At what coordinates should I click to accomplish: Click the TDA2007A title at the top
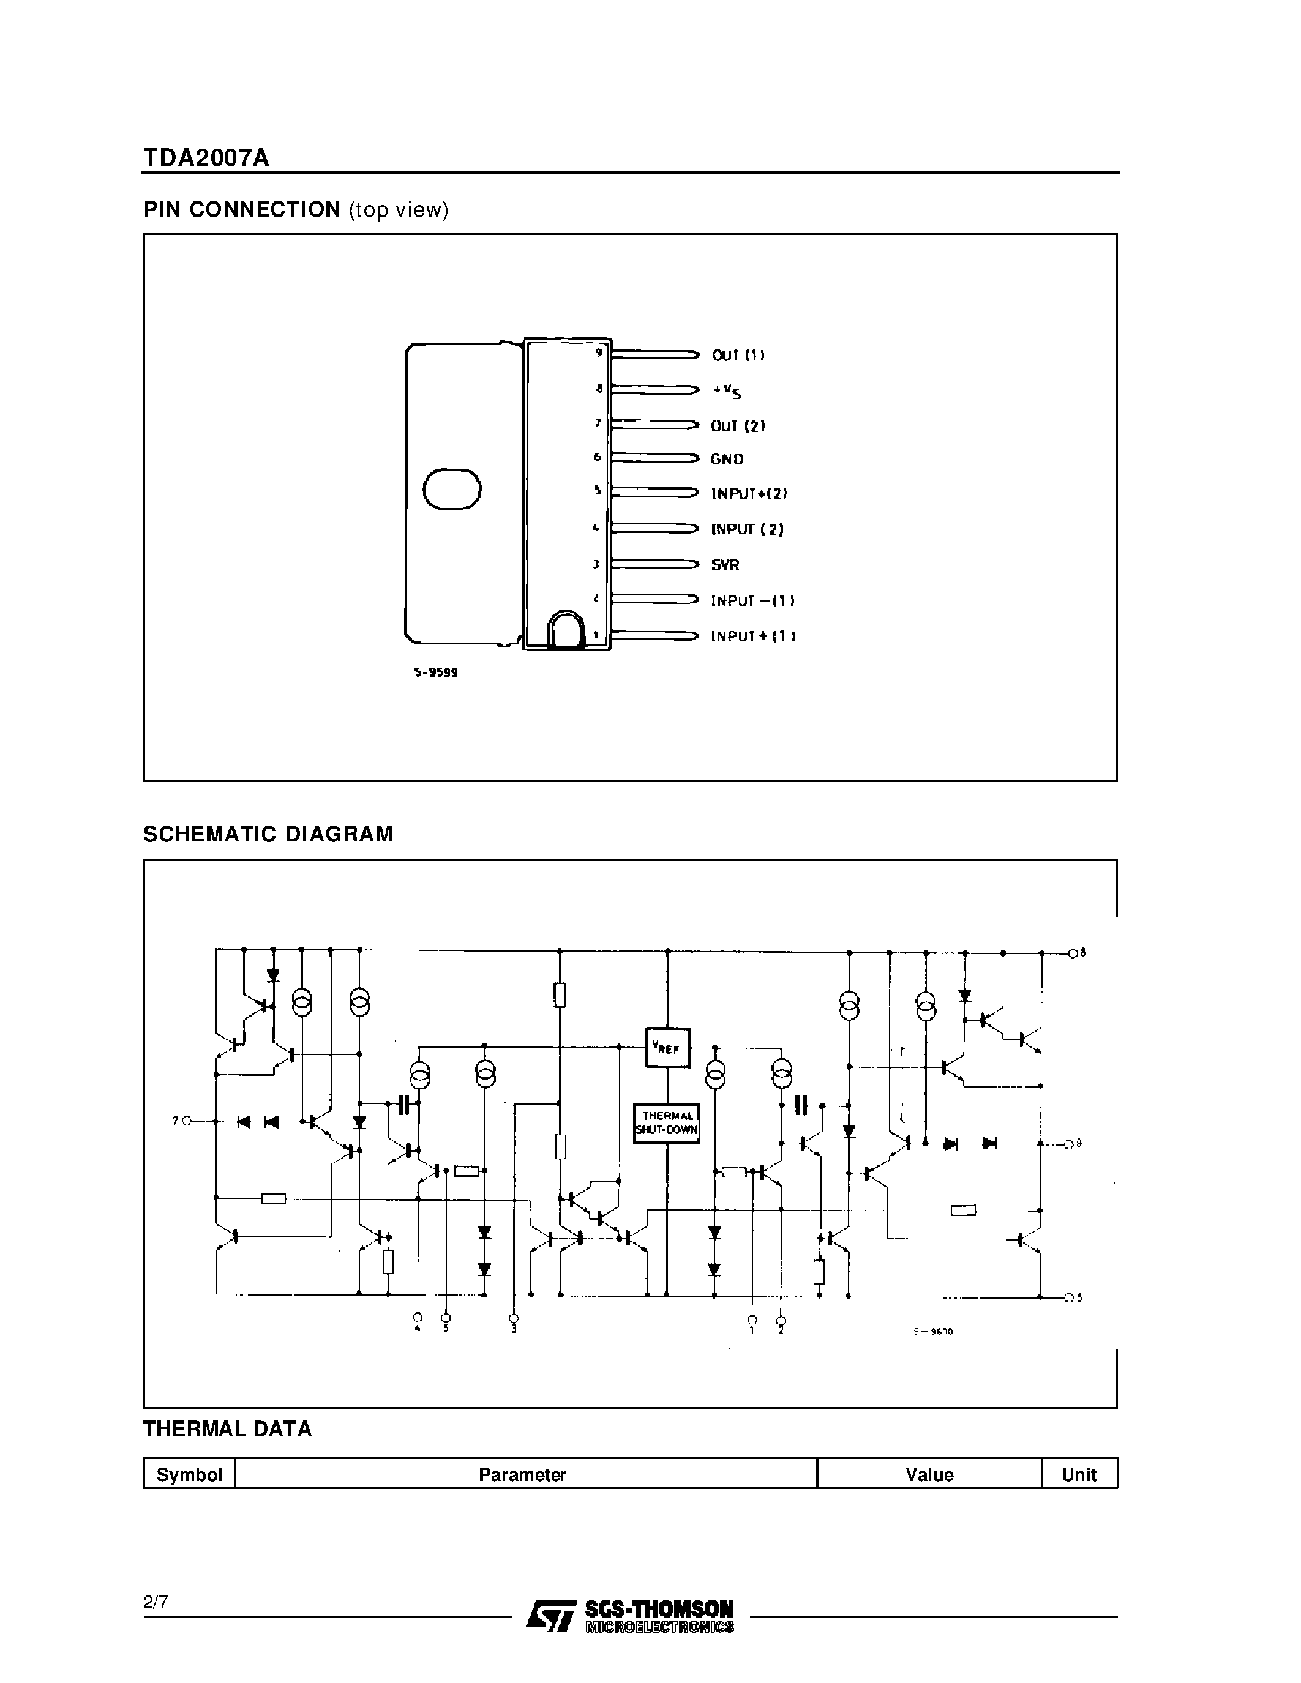pos(206,157)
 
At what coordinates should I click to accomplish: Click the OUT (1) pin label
pos(738,355)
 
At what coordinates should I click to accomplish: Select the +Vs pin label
pos(727,392)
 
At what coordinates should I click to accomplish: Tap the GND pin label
pos(727,459)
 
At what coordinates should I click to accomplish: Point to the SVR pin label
pos(724,565)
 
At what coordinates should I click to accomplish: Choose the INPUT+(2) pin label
pos(748,494)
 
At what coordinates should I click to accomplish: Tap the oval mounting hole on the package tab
pos(452,490)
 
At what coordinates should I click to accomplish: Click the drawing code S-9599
pos(435,672)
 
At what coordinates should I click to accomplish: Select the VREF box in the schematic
pos(667,1048)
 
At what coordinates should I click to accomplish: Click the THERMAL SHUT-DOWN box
pos(667,1124)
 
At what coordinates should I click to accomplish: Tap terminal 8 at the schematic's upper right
pos(1073,953)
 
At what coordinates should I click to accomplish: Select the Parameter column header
pos(522,1474)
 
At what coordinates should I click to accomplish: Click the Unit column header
pos(1078,1474)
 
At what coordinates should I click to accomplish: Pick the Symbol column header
pos(189,1474)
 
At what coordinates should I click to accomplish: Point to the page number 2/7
pos(156,1602)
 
